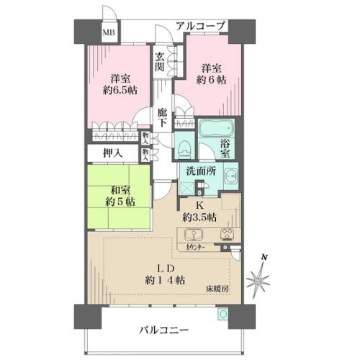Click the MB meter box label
tap(109, 32)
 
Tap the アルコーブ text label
tap(201, 26)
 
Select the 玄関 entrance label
tap(160, 62)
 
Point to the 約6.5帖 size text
tap(120, 91)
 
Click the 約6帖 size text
tap(211, 80)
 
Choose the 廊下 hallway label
tap(163, 117)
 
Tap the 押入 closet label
tap(112, 153)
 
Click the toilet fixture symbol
tap(184, 149)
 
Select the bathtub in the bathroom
tap(217, 128)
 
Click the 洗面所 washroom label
tap(201, 171)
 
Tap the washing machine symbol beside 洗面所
tap(231, 176)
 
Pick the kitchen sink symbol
tap(194, 235)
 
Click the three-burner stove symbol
tap(227, 234)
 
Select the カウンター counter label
tap(195, 248)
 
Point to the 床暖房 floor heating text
tap(217, 289)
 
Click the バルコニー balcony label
tap(163, 330)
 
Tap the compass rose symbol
tap(258, 281)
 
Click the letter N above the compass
tap(264, 258)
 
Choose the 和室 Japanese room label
tap(120, 191)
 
